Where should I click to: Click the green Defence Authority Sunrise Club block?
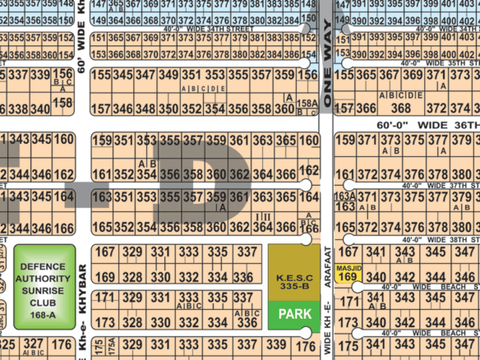click(x=44, y=284)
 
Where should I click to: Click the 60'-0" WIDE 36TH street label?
click(x=427, y=123)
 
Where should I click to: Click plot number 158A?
click(x=307, y=103)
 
